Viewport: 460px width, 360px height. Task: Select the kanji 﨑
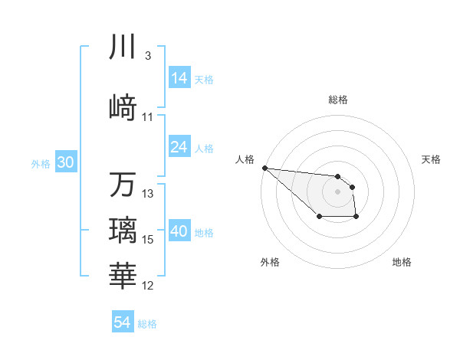pyautogui.click(x=123, y=107)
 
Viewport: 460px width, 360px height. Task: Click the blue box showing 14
pyautogui.click(x=179, y=78)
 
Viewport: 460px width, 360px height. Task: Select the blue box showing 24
pyautogui.click(x=179, y=147)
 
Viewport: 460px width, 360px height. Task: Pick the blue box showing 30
pyautogui.click(x=65, y=162)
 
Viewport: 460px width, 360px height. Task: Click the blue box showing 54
pyautogui.click(x=123, y=323)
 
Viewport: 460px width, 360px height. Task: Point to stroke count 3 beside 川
pyautogui.click(x=147, y=56)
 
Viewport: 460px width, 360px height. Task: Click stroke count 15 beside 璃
pyautogui.click(x=148, y=240)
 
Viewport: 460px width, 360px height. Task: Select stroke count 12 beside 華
pyautogui.click(x=148, y=286)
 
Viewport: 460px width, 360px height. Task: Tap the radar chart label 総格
pyautogui.click(x=338, y=100)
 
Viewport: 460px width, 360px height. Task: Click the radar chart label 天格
pyautogui.click(x=431, y=159)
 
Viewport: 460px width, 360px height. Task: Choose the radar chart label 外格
pyautogui.click(x=270, y=262)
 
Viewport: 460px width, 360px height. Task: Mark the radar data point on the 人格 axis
pyautogui.click(x=264, y=168)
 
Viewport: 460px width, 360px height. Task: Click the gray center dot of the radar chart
pyautogui.click(x=338, y=191)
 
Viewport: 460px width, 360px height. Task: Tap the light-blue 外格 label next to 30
pyautogui.click(x=41, y=163)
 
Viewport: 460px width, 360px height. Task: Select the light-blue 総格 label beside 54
pyautogui.click(x=147, y=324)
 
